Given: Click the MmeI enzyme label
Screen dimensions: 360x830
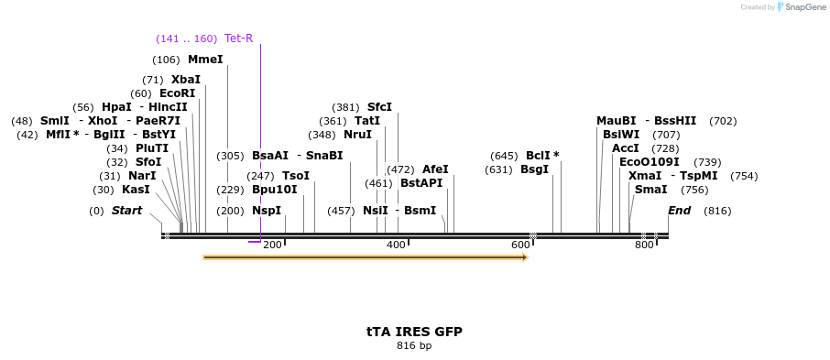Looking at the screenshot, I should coord(205,60).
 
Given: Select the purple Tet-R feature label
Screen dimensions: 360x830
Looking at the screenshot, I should coord(238,38).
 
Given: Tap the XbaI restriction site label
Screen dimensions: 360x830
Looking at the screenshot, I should coord(185,80).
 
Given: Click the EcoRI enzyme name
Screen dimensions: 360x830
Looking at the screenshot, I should coord(177,93).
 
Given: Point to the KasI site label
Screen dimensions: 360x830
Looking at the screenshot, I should coord(136,190).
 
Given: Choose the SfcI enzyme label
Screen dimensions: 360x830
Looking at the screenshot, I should coord(379,107).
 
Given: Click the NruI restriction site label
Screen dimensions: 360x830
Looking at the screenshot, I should coord(357,135).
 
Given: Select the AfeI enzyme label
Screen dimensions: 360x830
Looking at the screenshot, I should coord(435,169).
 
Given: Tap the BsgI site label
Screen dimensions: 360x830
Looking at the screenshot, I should coord(534,169).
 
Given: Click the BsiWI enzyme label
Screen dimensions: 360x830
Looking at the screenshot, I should coord(621,135).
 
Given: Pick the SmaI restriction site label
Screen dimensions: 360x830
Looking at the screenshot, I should coord(650,190).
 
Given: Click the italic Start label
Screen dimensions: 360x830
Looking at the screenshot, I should coord(126,211).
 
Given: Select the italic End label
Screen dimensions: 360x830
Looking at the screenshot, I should coord(679,211).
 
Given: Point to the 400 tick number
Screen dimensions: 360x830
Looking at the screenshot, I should coord(397,245).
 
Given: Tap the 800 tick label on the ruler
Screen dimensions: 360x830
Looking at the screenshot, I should coord(644,245).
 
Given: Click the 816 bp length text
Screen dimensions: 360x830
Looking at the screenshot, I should coord(414,345).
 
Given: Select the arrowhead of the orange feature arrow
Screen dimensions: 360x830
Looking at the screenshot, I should coord(524,258).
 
